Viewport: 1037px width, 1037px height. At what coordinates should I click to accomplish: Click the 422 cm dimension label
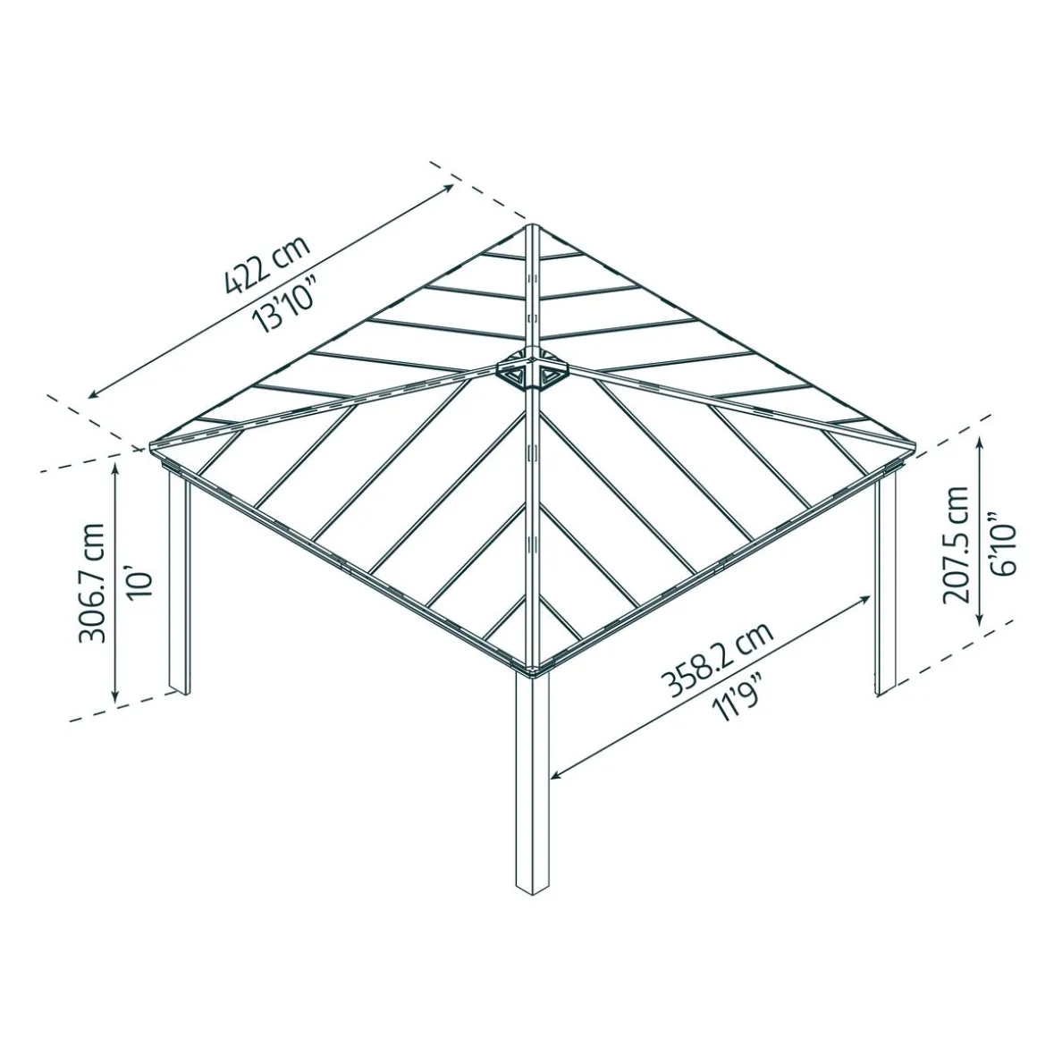pyautogui.click(x=267, y=266)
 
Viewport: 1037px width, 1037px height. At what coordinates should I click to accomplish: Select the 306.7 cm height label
pyautogui.click(x=92, y=582)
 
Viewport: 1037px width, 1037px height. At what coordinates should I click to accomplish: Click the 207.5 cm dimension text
pyautogui.click(x=954, y=544)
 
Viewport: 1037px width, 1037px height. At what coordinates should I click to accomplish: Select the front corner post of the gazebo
pyautogui.click(x=534, y=778)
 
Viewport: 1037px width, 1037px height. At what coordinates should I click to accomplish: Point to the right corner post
pyautogui.click(x=885, y=581)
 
